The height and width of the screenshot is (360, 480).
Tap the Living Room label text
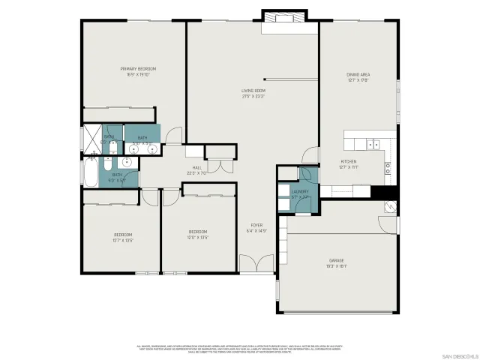254,91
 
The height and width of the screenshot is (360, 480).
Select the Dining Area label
358,74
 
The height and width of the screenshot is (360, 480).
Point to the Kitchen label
349,161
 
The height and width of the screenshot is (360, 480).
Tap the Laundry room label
300,192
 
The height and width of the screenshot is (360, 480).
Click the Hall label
196,168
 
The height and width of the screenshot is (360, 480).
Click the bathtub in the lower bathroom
90,175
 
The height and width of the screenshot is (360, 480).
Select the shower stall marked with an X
90,139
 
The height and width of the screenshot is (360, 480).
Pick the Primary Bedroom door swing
173,136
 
